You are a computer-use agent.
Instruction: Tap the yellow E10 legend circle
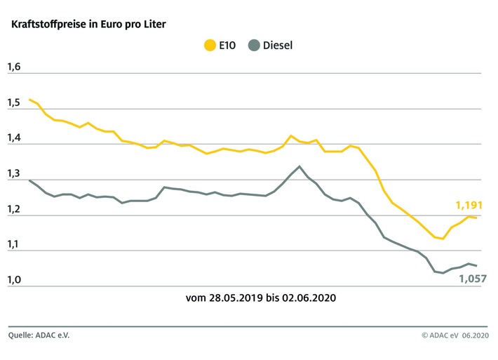[x=209, y=46]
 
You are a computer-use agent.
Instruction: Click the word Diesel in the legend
[x=278, y=46]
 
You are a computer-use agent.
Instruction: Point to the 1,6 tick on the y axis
[x=14, y=67]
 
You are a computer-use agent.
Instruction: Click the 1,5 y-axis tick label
[x=14, y=103]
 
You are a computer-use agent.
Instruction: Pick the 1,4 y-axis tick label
[x=14, y=139]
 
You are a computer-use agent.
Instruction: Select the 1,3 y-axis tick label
[x=14, y=175]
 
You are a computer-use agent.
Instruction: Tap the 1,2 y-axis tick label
[x=14, y=211]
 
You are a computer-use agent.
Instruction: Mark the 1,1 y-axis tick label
[x=14, y=246]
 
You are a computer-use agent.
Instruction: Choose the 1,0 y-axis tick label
[x=14, y=281]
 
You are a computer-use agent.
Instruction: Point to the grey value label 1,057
[x=473, y=279]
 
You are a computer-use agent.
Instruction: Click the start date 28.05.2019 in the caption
[x=235, y=298]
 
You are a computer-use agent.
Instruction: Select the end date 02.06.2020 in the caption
[x=310, y=298]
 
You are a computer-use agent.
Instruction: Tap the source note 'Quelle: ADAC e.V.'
[x=39, y=335]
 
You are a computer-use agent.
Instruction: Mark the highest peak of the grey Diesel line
[x=300, y=166]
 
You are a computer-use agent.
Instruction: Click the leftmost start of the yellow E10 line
[x=29, y=100]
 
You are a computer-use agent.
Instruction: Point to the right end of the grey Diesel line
[x=477, y=266]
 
